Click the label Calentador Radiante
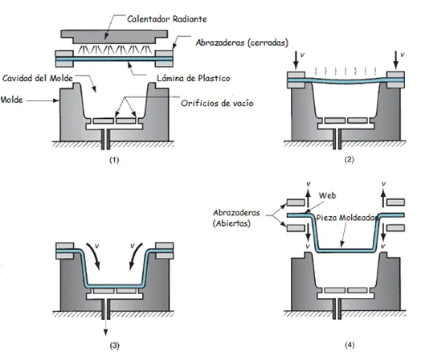point(167,18)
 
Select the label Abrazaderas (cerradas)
point(242,43)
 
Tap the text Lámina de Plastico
point(194,78)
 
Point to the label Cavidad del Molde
point(38,78)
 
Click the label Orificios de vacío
point(217,103)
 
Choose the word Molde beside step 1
point(11,100)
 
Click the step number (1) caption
point(114,160)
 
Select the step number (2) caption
point(349,160)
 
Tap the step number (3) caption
point(114,346)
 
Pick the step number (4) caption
point(349,345)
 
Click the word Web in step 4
point(327,195)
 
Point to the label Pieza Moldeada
point(347,218)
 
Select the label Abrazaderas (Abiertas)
point(236,218)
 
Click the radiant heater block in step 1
point(114,37)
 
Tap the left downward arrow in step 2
point(296,60)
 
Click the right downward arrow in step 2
point(395,60)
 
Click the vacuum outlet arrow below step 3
point(105,328)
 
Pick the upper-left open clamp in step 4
point(296,202)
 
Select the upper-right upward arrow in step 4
point(383,198)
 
